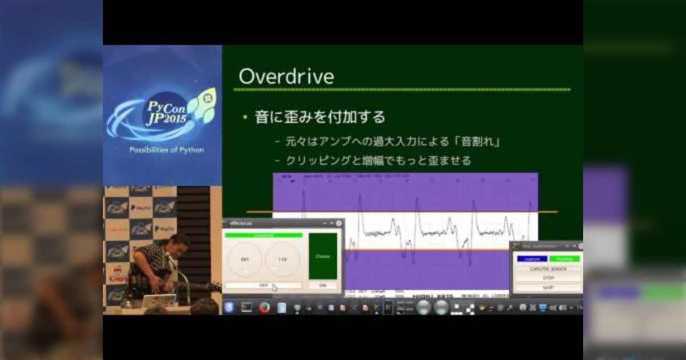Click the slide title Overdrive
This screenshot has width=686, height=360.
click(x=286, y=77)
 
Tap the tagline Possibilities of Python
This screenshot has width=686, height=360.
click(x=166, y=150)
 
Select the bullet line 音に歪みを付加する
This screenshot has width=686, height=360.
click(x=320, y=117)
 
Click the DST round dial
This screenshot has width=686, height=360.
click(x=245, y=260)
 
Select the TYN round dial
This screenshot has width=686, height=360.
click(x=282, y=260)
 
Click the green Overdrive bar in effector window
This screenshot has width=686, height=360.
click(x=264, y=235)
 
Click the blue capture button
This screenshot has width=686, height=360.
click(x=532, y=258)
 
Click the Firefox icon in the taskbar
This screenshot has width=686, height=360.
click(x=264, y=307)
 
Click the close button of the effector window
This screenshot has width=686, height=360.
click(x=338, y=223)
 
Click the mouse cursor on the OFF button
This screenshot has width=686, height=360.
click(x=274, y=287)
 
